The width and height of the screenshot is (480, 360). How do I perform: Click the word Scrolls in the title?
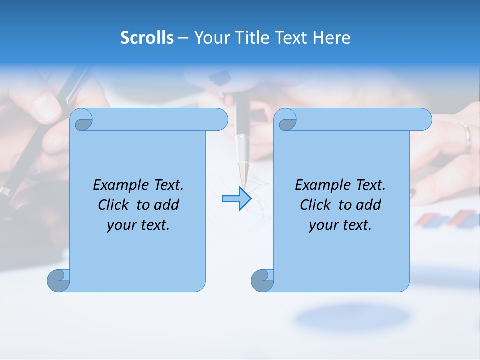pyautogui.click(x=147, y=37)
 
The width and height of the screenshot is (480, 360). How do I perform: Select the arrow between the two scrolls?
pyautogui.click(x=236, y=199)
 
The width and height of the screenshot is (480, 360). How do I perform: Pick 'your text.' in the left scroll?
pyautogui.click(x=138, y=225)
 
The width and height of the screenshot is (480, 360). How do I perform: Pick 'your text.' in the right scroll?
pyautogui.click(x=340, y=225)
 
